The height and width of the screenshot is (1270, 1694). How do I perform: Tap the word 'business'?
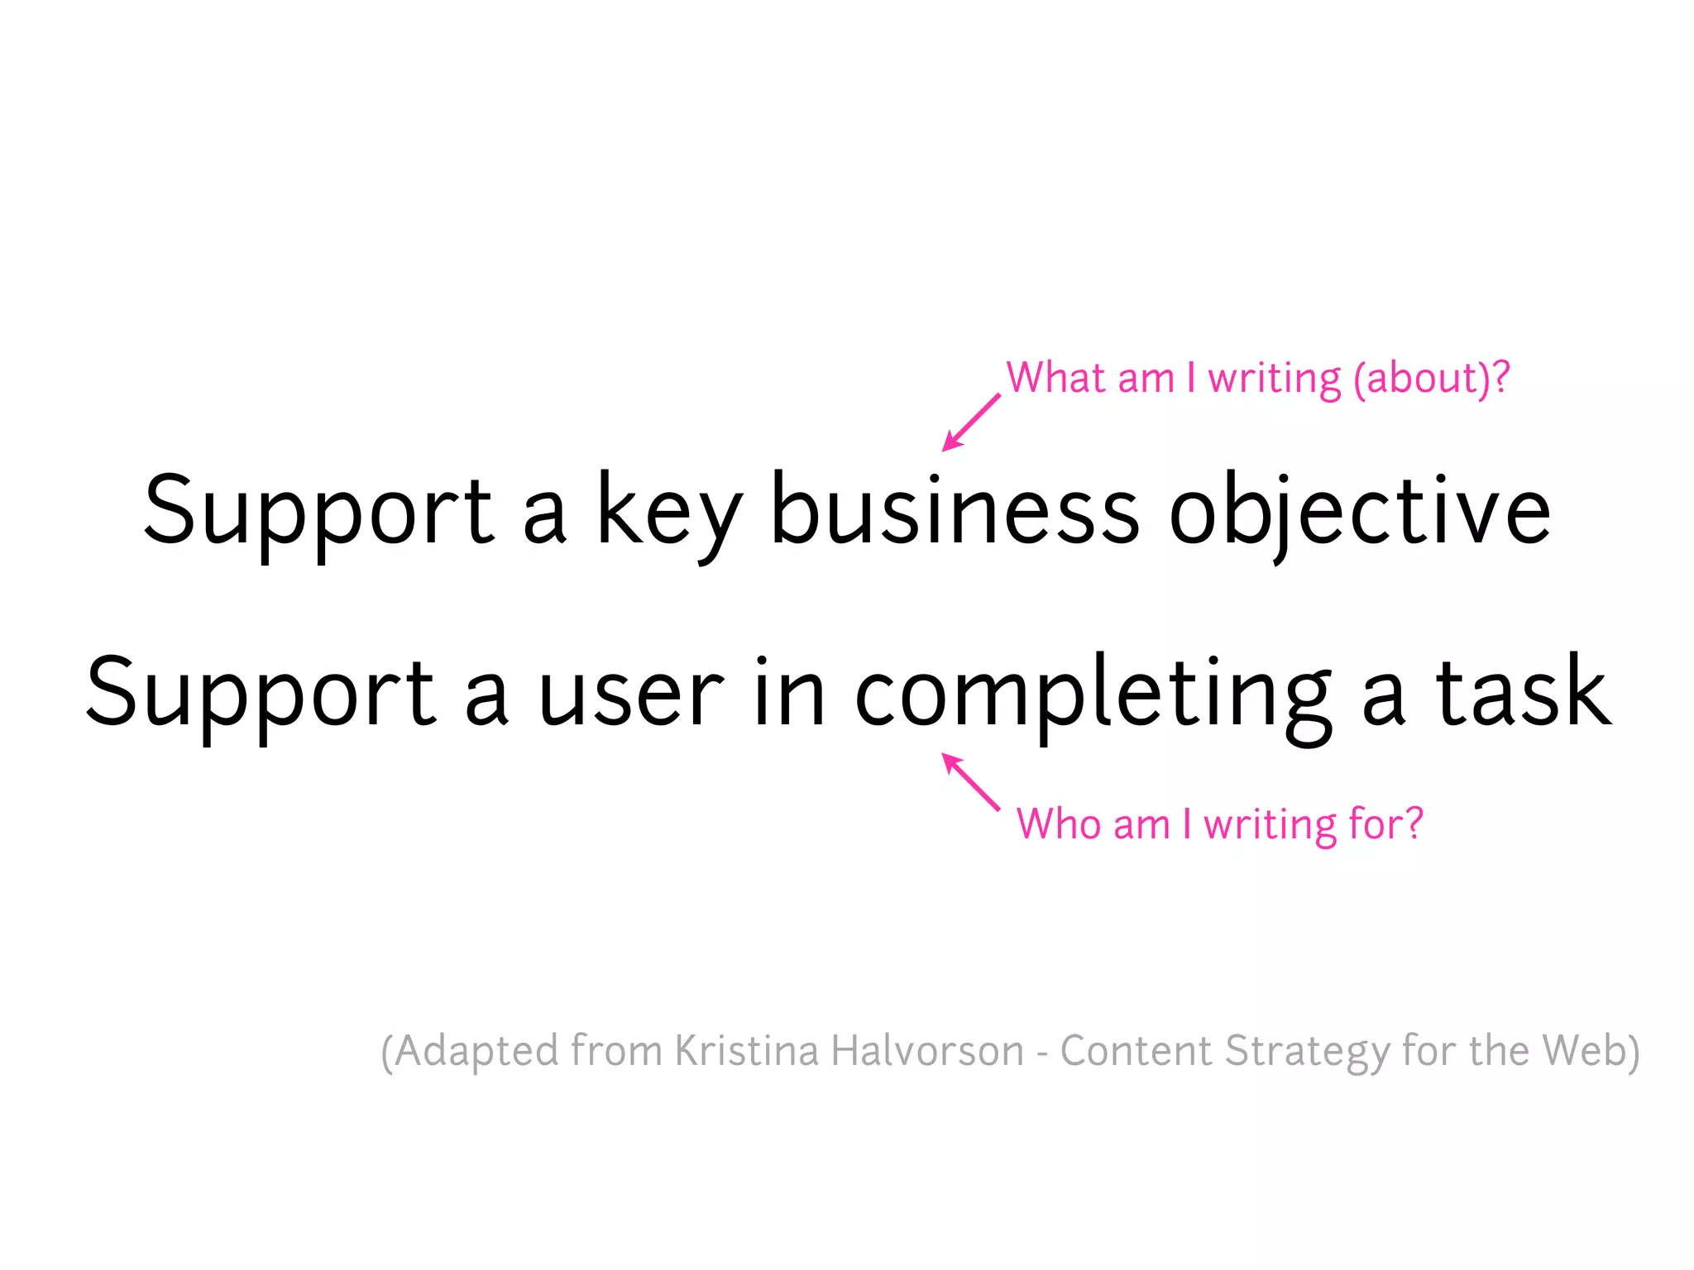point(955,511)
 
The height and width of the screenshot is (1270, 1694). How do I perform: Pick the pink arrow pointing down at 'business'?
point(971,423)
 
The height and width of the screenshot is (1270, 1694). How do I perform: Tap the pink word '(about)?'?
point(1431,379)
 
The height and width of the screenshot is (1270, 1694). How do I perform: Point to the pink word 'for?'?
point(1385,824)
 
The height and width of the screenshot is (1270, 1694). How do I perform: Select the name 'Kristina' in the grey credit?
point(747,1051)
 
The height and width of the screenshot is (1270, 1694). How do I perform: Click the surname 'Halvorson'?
point(926,1051)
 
